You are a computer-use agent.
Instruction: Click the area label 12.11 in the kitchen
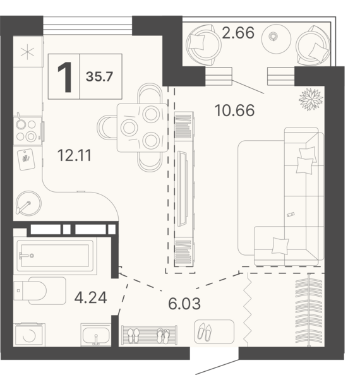click(75, 155)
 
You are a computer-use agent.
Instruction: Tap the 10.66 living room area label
click(235, 110)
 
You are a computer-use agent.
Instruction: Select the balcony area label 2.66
click(238, 33)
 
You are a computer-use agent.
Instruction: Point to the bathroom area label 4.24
click(90, 298)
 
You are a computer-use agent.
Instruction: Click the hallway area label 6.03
click(184, 304)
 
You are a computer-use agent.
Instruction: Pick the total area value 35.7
click(99, 77)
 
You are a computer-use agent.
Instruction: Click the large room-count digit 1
click(64, 77)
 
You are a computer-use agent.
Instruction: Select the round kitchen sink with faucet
click(28, 203)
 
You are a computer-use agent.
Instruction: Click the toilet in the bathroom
click(39, 290)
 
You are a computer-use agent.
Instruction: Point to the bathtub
click(55, 256)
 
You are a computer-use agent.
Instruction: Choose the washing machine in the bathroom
click(29, 335)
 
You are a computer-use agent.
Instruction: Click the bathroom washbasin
click(95, 335)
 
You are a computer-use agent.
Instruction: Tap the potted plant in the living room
click(311, 99)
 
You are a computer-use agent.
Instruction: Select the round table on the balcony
click(276, 39)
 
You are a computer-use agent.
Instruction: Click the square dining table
click(142, 128)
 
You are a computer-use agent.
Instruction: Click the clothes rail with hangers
click(309, 310)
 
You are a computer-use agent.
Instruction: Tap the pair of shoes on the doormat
click(205, 331)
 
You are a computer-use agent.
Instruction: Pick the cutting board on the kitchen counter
click(27, 159)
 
